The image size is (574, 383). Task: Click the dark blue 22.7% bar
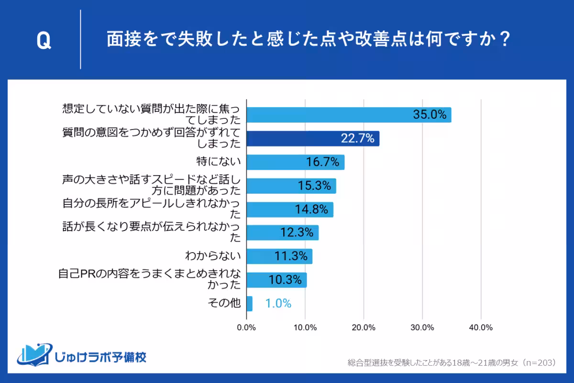pos(313,138)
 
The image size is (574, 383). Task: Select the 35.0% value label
pos(430,115)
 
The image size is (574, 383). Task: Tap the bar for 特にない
pos(295,162)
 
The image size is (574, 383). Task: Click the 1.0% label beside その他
pos(278,303)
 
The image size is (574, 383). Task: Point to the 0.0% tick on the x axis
pos(246,328)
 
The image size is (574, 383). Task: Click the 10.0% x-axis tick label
pos(305,328)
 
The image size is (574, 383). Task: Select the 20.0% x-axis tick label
pos(364,328)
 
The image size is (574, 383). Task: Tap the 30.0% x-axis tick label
pos(422,328)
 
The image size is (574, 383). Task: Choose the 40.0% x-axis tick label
pos(481,328)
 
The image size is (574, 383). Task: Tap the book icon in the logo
pos(34,354)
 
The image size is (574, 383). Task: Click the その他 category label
pos(225,303)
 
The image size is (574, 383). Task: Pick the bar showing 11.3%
pos(279,256)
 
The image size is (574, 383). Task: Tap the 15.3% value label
pos(315,186)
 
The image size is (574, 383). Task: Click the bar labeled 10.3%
pos(276,280)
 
